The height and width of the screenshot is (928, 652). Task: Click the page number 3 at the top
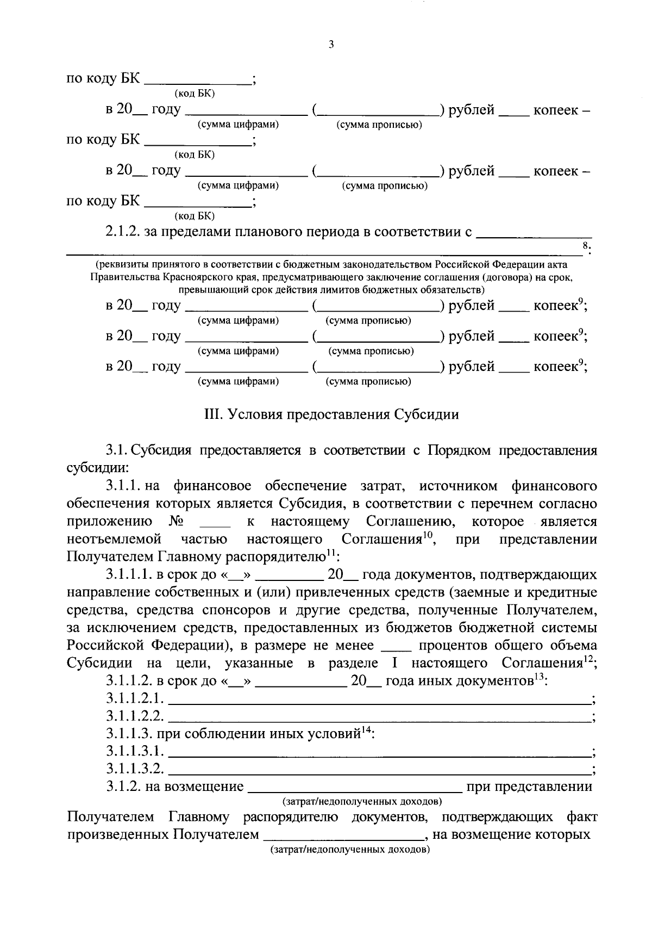pyautogui.click(x=331, y=45)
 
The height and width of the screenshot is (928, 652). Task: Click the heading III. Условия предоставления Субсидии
pyautogui.click(x=331, y=414)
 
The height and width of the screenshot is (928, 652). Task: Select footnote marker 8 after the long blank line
pyautogui.click(x=585, y=246)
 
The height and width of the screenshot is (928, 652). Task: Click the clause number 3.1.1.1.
pyautogui.click(x=129, y=575)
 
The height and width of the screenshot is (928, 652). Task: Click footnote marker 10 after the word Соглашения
pyautogui.click(x=429, y=535)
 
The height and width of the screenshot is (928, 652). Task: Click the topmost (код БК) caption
pyautogui.click(x=194, y=94)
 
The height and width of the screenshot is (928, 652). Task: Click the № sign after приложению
pyautogui.click(x=175, y=522)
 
